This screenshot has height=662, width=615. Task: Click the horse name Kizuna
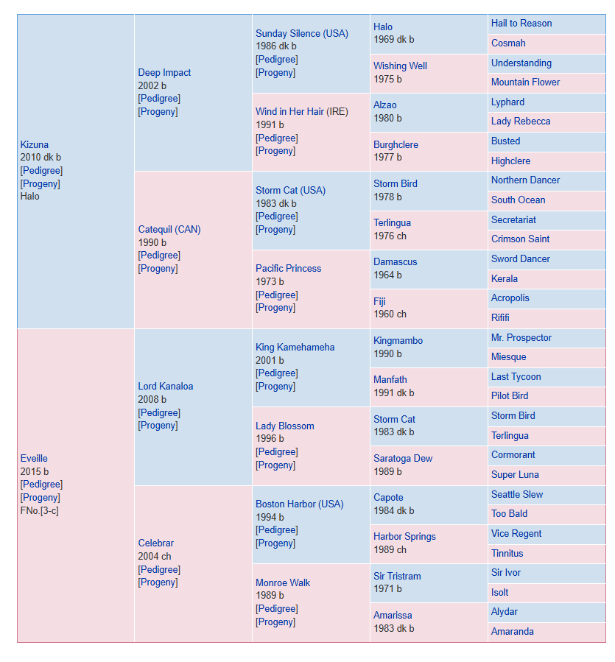click(34, 144)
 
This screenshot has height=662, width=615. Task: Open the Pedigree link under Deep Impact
click(159, 99)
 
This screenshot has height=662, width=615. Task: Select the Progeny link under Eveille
click(40, 497)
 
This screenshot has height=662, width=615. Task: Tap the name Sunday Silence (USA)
click(301, 33)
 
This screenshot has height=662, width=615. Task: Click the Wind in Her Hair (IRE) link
click(301, 111)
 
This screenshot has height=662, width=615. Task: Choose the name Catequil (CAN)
click(169, 229)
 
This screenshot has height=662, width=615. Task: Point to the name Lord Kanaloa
click(165, 386)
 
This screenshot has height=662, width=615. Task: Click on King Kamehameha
click(295, 347)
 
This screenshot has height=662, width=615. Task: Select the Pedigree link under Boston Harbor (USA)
click(277, 530)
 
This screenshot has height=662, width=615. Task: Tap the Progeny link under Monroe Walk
click(275, 622)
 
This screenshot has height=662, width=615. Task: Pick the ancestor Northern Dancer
click(525, 180)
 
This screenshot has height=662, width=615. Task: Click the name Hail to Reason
click(521, 24)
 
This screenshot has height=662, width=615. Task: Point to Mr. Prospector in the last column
click(521, 337)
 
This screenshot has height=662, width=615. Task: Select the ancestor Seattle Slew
click(516, 494)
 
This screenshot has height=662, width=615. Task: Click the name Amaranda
click(512, 631)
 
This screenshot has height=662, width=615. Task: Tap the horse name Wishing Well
click(400, 66)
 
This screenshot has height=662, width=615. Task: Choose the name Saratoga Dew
click(403, 458)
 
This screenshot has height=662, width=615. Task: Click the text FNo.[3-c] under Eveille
click(39, 510)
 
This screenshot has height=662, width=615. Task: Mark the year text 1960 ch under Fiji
click(390, 314)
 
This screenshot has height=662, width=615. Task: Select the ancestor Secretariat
click(513, 219)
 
